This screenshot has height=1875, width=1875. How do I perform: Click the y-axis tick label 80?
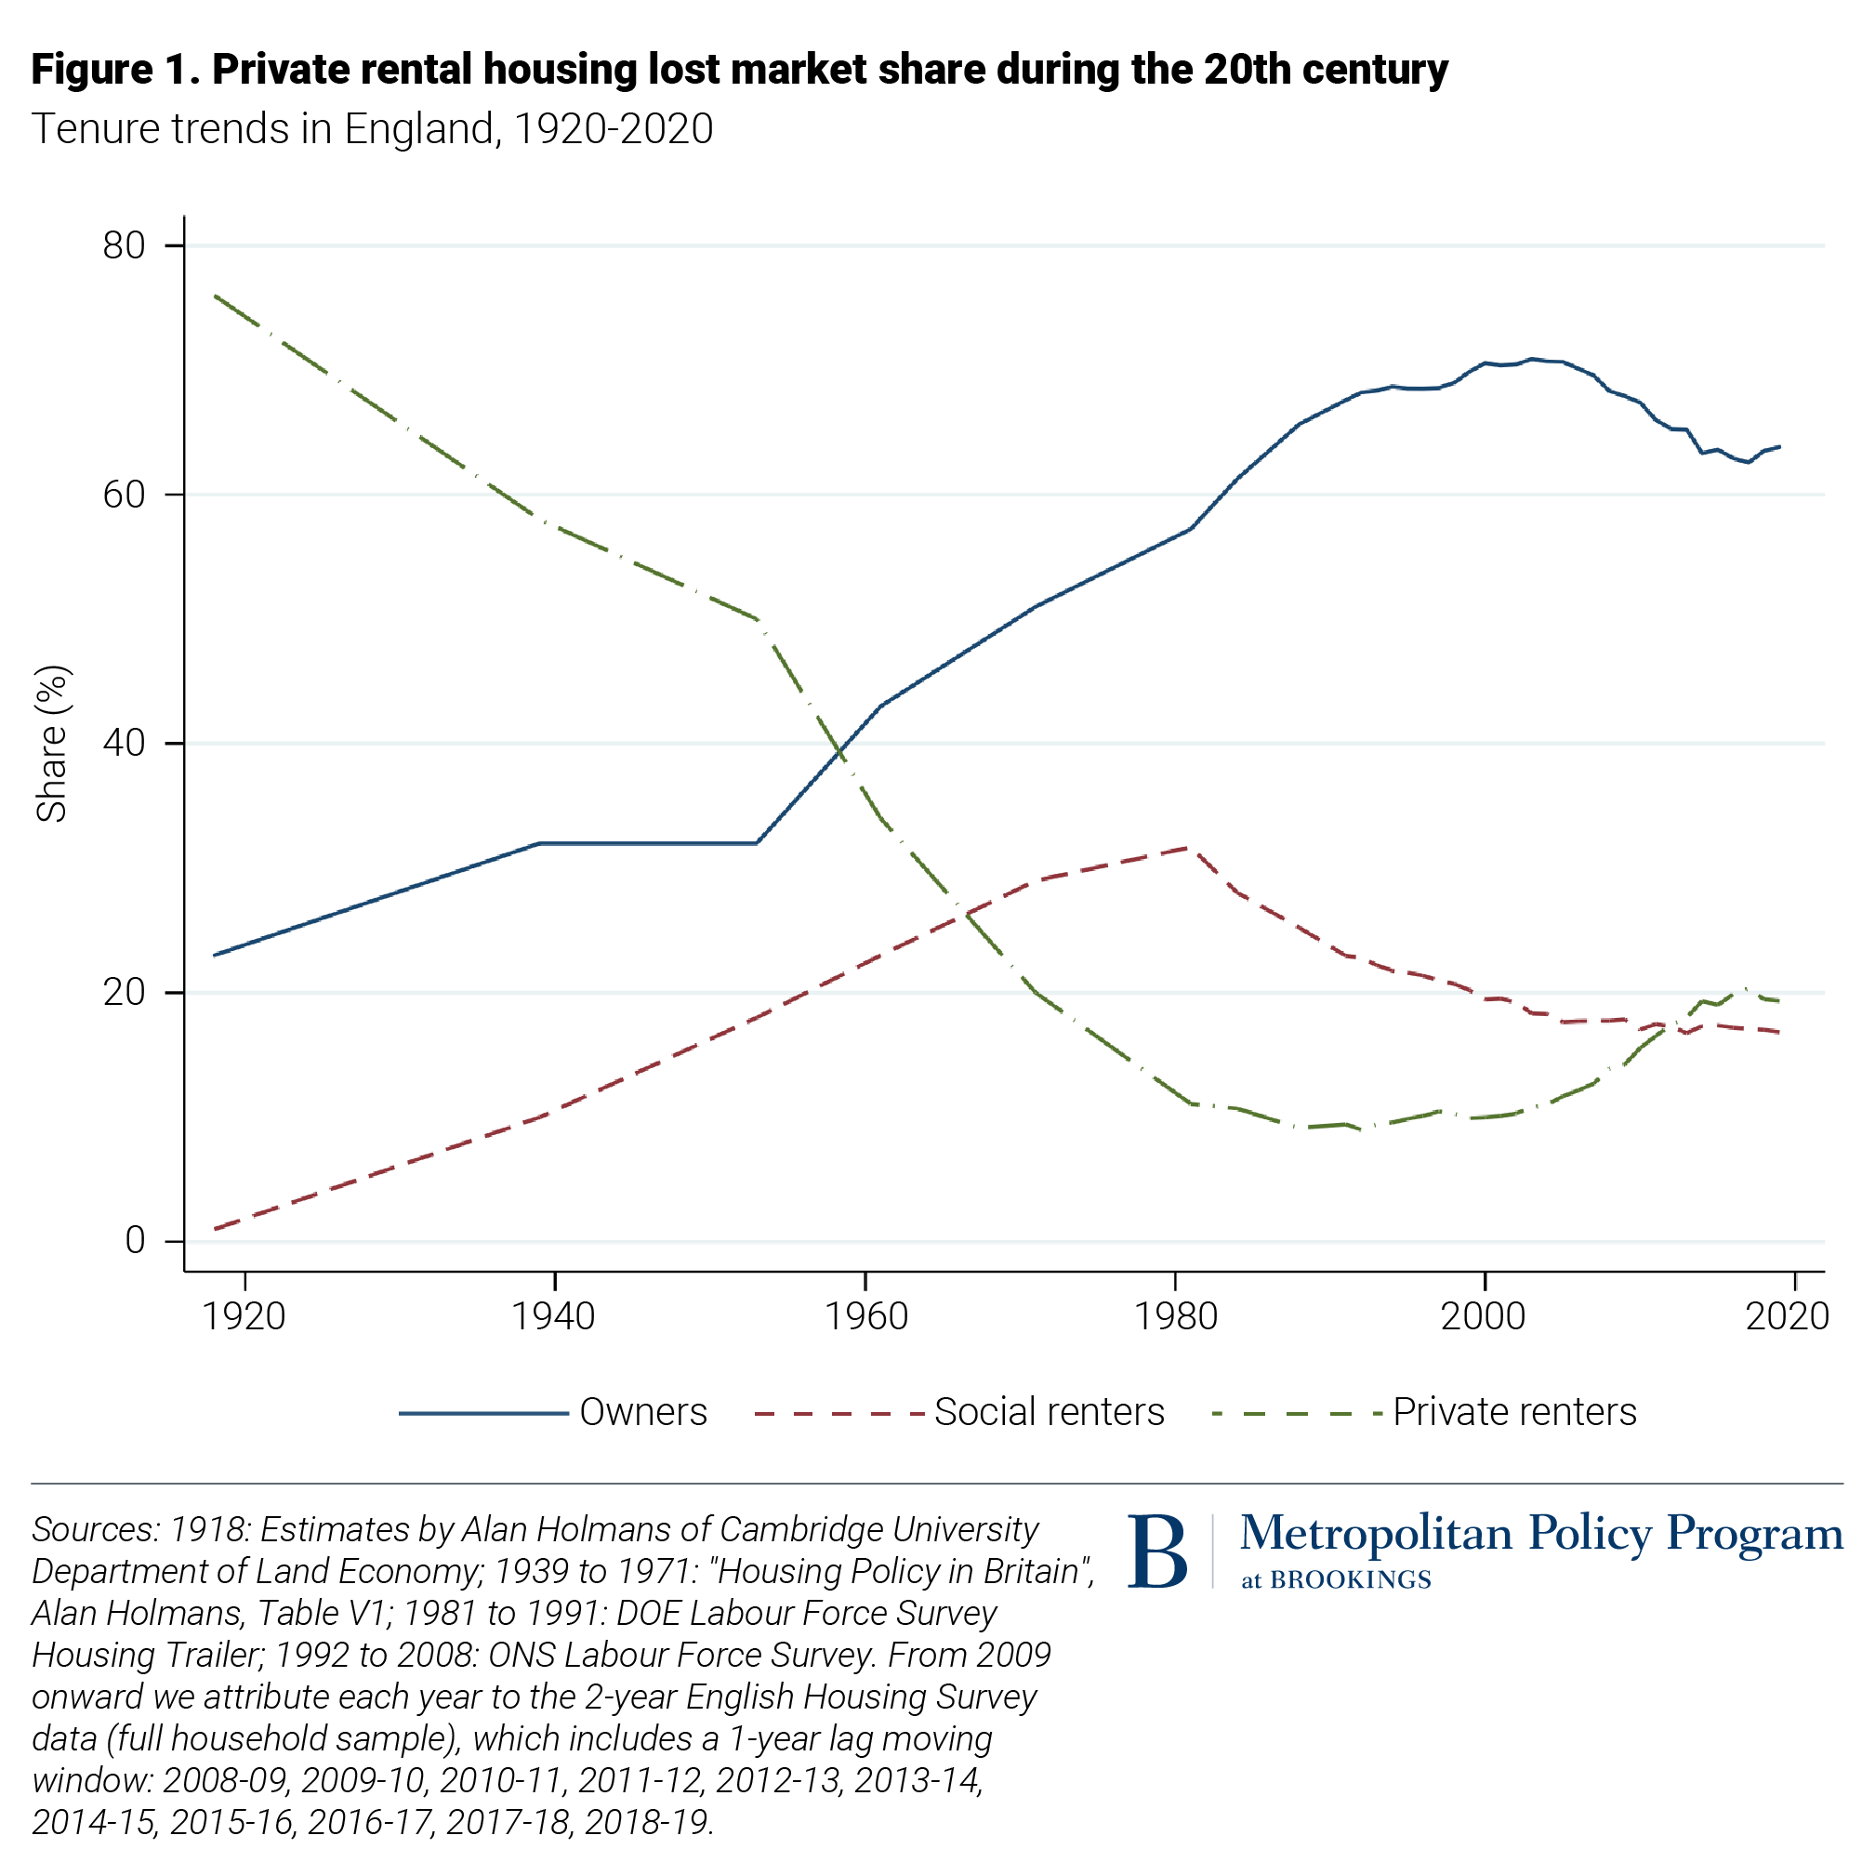pyautogui.click(x=124, y=245)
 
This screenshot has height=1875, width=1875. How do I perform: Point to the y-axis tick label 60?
pyautogui.click(x=124, y=495)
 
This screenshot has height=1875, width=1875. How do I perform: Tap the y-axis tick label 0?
pyautogui.click(x=135, y=1240)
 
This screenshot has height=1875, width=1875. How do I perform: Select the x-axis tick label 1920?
pyautogui.click(x=244, y=1317)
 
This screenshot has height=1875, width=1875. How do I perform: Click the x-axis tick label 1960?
pyautogui.click(x=865, y=1317)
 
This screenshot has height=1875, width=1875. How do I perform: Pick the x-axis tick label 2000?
pyautogui.click(x=1483, y=1317)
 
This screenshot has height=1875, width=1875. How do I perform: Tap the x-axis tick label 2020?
pyautogui.click(x=1787, y=1317)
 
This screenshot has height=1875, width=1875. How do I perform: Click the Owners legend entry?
pyautogui.click(x=642, y=1412)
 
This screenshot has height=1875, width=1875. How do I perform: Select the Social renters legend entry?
pyautogui.click(x=1049, y=1412)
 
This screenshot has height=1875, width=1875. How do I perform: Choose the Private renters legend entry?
pyautogui.click(x=1514, y=1412)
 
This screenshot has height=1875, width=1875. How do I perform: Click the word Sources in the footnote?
pyautogui.click(x=91, y=1530)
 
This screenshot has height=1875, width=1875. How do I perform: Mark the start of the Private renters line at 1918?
pyautogui.click(x=215, y=295)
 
